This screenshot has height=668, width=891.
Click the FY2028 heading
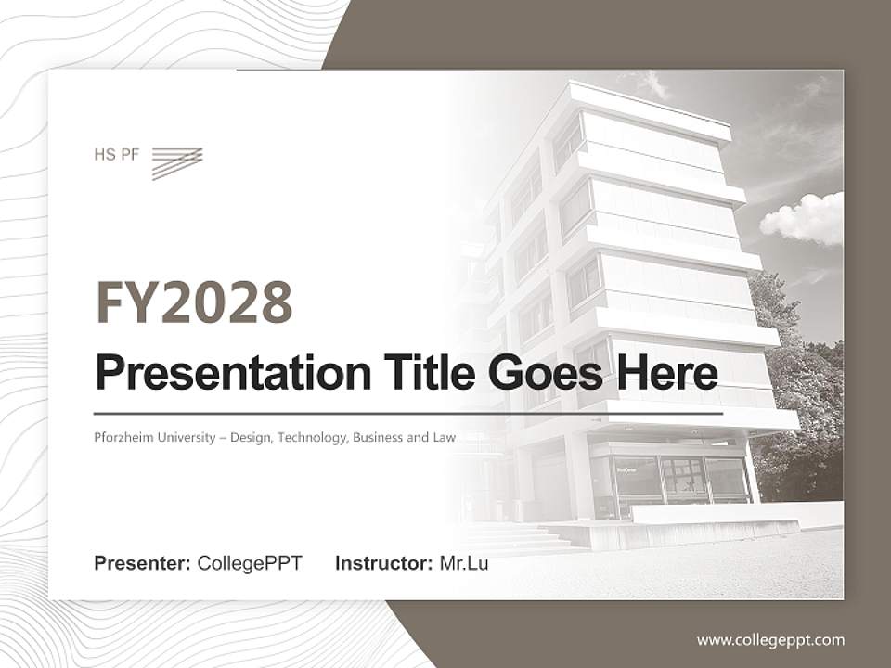[x=194, y=302]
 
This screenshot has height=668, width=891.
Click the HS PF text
[x=116, y=155]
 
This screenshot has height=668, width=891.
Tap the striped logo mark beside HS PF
[x=176, y=161]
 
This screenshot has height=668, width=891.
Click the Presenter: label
[x=143, y=563]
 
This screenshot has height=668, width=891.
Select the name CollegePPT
[x=250, y=563]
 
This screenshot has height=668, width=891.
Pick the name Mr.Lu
[x=464, y=563]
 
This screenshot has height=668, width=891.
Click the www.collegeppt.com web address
[x=770, y=639]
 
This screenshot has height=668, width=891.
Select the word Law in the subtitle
[x=444, y=437]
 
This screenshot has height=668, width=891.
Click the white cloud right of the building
[x=803, y=219]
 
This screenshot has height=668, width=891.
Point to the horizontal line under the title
[x=408, y=413]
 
